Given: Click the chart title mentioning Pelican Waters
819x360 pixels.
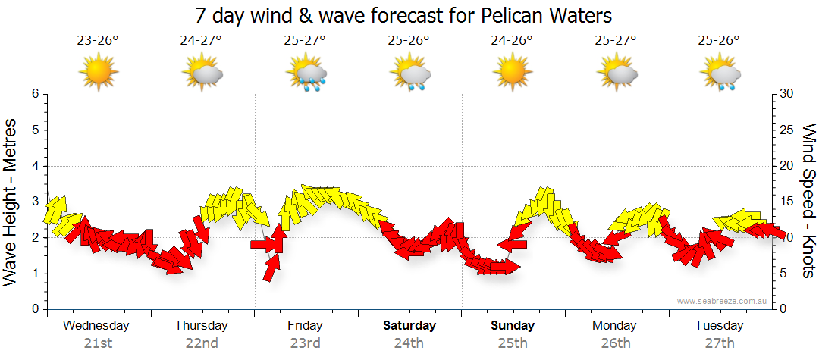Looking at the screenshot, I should pos(403,15).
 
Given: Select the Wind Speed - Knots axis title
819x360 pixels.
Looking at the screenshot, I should pos(808,202).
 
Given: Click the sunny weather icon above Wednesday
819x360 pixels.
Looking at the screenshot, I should pos(99,74).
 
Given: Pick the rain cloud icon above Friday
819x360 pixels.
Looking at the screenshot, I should pos(306,74).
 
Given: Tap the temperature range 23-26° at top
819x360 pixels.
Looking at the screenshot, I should pos(98,41).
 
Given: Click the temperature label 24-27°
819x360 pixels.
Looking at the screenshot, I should pos(201,41).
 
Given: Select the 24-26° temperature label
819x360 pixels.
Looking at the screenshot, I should pos(512,41).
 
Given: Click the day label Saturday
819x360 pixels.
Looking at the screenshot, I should pos(409,326).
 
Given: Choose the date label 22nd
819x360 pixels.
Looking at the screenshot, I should pos(202,343).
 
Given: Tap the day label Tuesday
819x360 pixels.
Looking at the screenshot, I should pos(719,326).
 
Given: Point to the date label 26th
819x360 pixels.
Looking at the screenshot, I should pos(616,343).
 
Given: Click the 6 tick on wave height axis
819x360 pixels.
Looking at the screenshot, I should pos(34,94).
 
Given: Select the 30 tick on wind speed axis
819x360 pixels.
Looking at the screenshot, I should pos(788,94).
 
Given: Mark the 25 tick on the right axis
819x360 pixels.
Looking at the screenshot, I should pos(788,130).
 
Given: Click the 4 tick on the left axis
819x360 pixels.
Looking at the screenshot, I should pos(34,166).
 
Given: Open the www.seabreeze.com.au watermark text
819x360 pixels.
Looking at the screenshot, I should pos(723,301).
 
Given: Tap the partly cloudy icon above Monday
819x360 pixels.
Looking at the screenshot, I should pos(617,74).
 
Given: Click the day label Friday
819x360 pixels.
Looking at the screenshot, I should pos(305,326).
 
